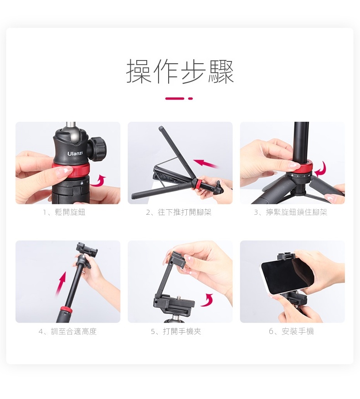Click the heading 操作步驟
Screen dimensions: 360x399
coord(180,71)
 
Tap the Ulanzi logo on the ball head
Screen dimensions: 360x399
coord(75,154)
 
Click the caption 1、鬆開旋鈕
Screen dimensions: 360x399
coord(64,212)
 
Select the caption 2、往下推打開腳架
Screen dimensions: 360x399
coord(179,212)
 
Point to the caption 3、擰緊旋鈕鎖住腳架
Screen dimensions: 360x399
coord(290,212)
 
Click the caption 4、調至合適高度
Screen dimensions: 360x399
coord(67,331)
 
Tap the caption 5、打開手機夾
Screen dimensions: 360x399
coord(176,331)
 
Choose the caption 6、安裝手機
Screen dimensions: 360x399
coord(291,331)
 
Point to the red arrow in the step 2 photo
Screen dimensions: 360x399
coord(206,163)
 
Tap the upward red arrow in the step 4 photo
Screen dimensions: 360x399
coord(61,284)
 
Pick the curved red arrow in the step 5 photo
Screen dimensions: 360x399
coord(207,300)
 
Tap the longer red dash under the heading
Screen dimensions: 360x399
coord(175,98)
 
